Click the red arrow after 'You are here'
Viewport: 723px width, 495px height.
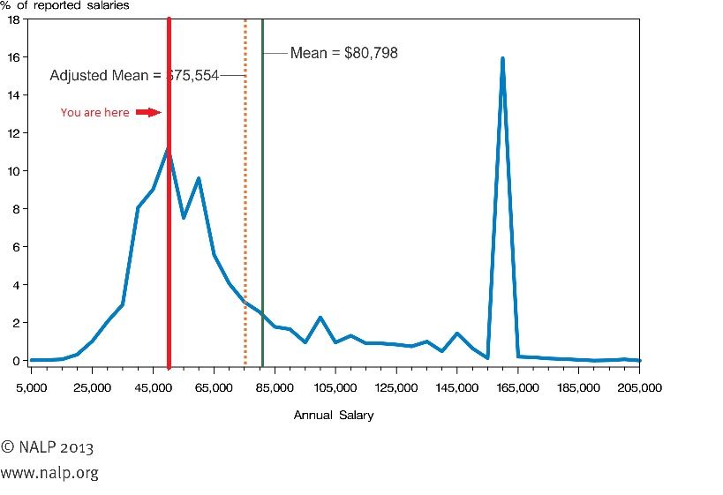point(148,112)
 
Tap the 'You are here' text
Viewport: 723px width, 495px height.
point(94,113)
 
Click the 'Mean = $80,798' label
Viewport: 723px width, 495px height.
point(344,54)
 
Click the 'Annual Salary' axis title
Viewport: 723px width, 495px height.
point(334,416)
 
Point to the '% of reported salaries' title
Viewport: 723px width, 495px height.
point(64,5)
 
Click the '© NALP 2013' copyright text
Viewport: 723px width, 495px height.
point(47,447)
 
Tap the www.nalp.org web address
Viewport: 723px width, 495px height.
point(49,473)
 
